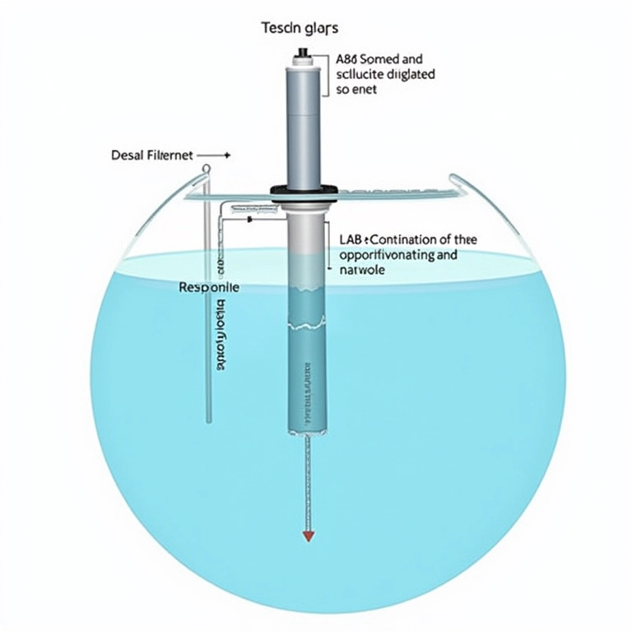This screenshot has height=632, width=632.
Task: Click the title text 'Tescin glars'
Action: (300, 29)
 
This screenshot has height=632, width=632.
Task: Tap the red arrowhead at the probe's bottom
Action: (309, 536)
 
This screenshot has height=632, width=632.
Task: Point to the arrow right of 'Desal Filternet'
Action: (216, 155)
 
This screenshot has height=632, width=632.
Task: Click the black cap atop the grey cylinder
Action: (304, 56)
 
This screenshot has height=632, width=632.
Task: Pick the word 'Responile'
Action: (209, 289)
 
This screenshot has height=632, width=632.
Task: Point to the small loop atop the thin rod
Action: (206, 169)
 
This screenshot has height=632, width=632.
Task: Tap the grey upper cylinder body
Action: (304, 123)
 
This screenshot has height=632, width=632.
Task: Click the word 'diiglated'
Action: (409, 74)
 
